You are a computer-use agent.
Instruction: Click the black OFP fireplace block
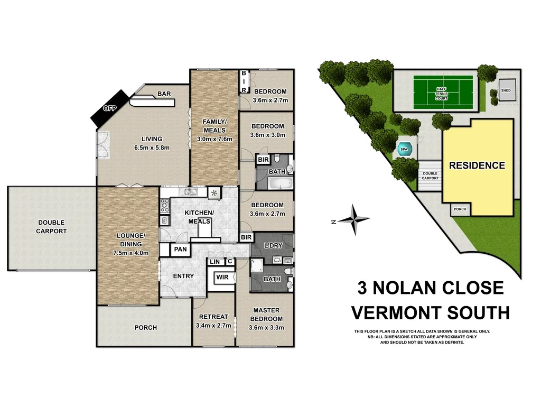(110, 108)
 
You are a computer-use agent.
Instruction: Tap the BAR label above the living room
(164, 94)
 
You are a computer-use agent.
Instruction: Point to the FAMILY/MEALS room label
(214, 126)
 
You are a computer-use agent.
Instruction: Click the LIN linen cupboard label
(214, 261)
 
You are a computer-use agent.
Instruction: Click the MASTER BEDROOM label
(266, 315)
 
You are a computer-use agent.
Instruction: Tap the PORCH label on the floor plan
(145, 328)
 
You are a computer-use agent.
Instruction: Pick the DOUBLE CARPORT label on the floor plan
(51, 227)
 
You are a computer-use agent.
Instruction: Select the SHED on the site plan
(506, 90)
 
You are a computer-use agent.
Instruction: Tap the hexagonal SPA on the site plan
(404, 150)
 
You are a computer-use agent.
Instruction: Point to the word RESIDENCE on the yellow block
(477, 165)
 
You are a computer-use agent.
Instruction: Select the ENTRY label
(183, 276)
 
